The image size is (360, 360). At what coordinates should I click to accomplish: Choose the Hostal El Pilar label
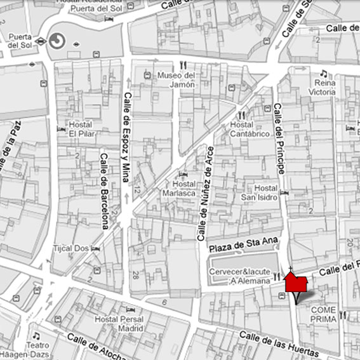[x=81, y=129]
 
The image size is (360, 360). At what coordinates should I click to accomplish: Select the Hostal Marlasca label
[x=179, y=188]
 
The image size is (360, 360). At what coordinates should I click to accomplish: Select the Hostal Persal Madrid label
[x=119, y=324]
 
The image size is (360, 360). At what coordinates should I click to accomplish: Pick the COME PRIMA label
[x=323, y=314]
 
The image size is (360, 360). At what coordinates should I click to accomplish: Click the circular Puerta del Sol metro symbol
[x=57, y=41]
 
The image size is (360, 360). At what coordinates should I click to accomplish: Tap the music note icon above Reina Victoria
[x=323, y=73]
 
